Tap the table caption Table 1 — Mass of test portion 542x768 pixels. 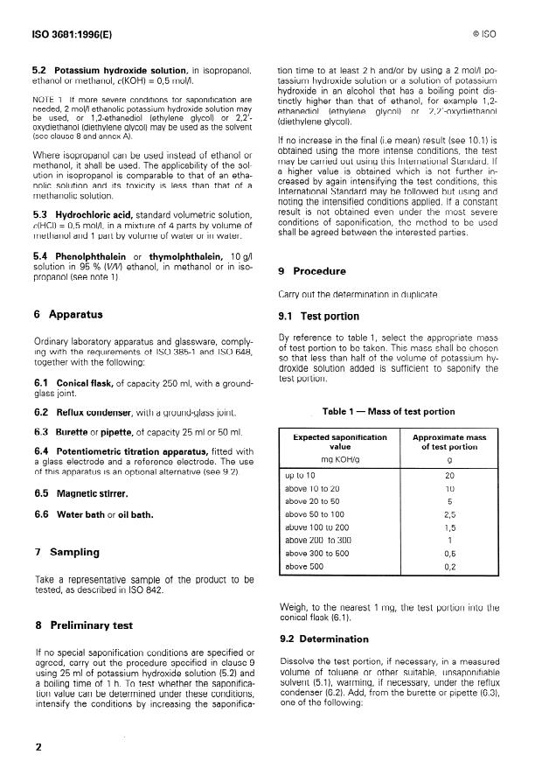coord(388,411)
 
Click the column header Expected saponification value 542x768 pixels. coord(340,443)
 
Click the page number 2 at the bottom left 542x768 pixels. coord(38,747)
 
